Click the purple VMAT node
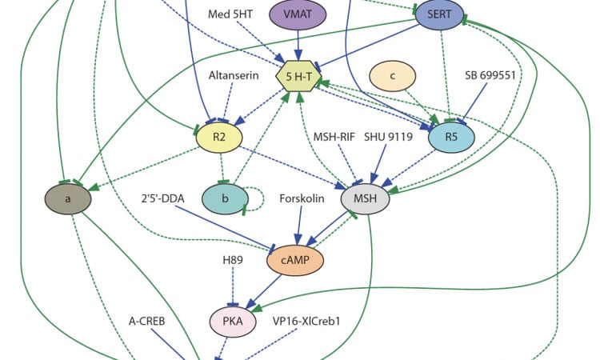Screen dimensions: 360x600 298,15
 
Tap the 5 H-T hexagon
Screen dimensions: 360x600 298,77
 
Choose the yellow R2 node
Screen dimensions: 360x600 219,138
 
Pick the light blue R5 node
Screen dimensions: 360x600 451,138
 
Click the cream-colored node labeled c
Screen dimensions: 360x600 393,76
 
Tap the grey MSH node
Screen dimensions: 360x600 366,198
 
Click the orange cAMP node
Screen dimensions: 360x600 290,261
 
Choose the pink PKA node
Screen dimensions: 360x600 233,322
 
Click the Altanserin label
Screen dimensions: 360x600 232,75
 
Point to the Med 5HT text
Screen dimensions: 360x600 230,14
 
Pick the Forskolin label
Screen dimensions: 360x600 302,198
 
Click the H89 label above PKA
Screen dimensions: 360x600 233,260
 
